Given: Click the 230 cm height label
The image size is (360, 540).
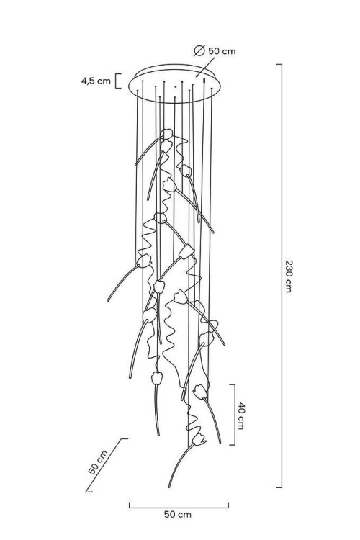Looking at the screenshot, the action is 289,276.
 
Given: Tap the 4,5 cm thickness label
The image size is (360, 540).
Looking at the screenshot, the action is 96,81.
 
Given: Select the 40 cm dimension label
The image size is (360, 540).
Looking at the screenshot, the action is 240,415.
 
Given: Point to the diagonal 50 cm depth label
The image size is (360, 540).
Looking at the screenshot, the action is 98,462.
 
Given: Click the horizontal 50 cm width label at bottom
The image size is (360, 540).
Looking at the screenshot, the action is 177,515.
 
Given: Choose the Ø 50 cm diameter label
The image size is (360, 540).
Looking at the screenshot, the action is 215,51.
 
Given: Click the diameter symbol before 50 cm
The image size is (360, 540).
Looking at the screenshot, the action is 199,51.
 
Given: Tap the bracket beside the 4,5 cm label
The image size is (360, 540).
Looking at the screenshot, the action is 118,81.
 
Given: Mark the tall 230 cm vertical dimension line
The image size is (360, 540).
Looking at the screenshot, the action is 282,276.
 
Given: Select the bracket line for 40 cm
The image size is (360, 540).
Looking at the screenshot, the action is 235,415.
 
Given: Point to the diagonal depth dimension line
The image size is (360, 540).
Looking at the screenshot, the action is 107,465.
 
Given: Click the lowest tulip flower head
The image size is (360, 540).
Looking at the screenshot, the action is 199,439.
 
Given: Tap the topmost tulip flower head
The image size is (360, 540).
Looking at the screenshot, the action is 167,134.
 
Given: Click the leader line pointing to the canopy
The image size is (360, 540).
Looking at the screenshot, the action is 206,67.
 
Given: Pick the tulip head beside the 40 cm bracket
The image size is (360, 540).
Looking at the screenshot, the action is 200,392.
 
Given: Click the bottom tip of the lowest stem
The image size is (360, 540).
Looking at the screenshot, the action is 169,487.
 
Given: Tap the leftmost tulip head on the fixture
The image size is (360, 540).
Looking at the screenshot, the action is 144,261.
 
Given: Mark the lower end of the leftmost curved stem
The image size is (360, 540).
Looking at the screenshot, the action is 108,301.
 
